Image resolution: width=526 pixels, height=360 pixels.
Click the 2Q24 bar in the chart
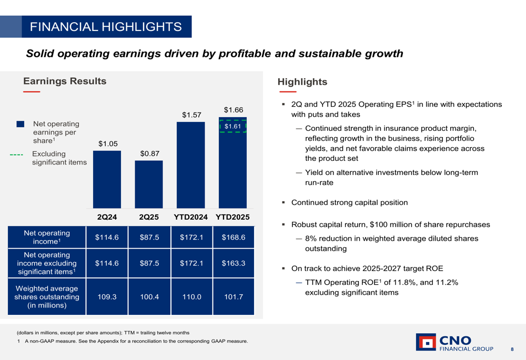tap(107, 179)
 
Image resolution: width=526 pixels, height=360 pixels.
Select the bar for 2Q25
tap(149, 184)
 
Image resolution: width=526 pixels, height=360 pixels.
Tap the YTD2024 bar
tap(191, 165)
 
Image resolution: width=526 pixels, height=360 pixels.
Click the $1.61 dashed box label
tap(232, 127)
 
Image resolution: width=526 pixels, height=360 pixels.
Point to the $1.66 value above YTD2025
tap(233, 110)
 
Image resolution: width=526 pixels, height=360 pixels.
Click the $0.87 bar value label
tap(149, 153)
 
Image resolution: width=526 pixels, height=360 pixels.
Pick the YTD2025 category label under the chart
tap(232, 217)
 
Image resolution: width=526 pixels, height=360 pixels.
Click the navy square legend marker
tap(21, 124)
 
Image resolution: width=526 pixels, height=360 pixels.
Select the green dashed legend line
tap(17, 155)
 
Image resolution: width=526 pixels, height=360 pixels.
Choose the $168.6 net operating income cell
tap(233, 237)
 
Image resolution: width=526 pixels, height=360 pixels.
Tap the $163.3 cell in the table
tap(233, 263)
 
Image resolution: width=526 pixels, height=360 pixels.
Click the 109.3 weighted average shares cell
tap(107, 297)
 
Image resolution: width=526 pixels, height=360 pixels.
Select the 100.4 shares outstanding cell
tap(149, 297)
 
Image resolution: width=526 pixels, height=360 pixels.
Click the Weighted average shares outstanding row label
tap(47, 297)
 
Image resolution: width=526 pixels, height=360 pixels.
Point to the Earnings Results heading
tap(65, 81)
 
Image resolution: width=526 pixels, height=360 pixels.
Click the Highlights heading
tap(302, 82)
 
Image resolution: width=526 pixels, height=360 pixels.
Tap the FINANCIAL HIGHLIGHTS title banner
tap(106, 27)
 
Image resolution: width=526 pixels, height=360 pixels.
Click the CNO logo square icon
tap(426, 342)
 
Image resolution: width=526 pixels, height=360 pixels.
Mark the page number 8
tap(512, 349)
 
